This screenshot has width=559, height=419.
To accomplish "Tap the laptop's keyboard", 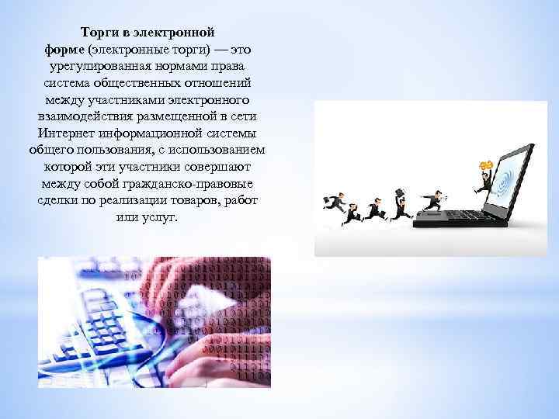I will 458,220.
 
